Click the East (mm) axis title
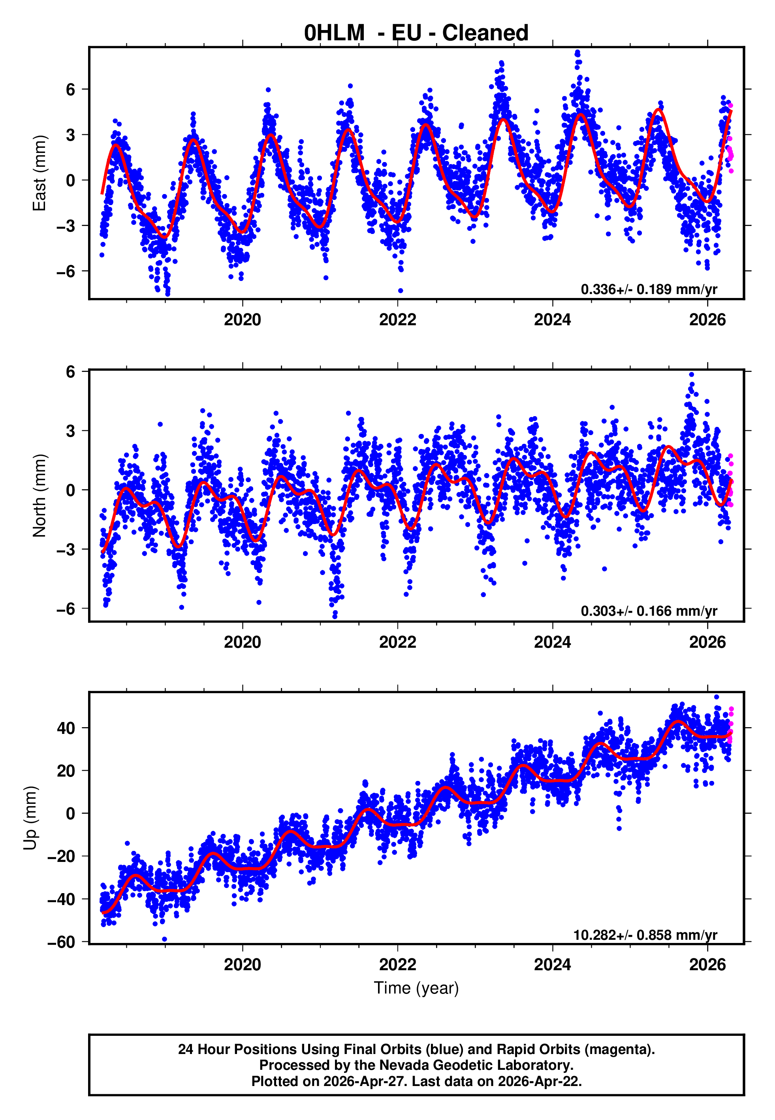pos(40,173)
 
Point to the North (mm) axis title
pos(40,496)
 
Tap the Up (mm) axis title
pos(30,818)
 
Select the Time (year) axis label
pos(416,988)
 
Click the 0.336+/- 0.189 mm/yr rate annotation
pos(649,289)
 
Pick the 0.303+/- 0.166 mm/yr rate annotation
pos(649,611)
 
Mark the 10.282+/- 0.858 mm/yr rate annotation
pos(645,935)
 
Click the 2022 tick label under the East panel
pos(398,320)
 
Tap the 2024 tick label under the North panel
pos(553,642)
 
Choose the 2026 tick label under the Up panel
pos(707,965)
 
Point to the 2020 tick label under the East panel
pos(242,320)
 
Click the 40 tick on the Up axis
pos(66,728)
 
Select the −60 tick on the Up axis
pos(61,942)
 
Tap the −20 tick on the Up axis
pos(61,856)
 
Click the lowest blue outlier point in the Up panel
pos(165,939)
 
